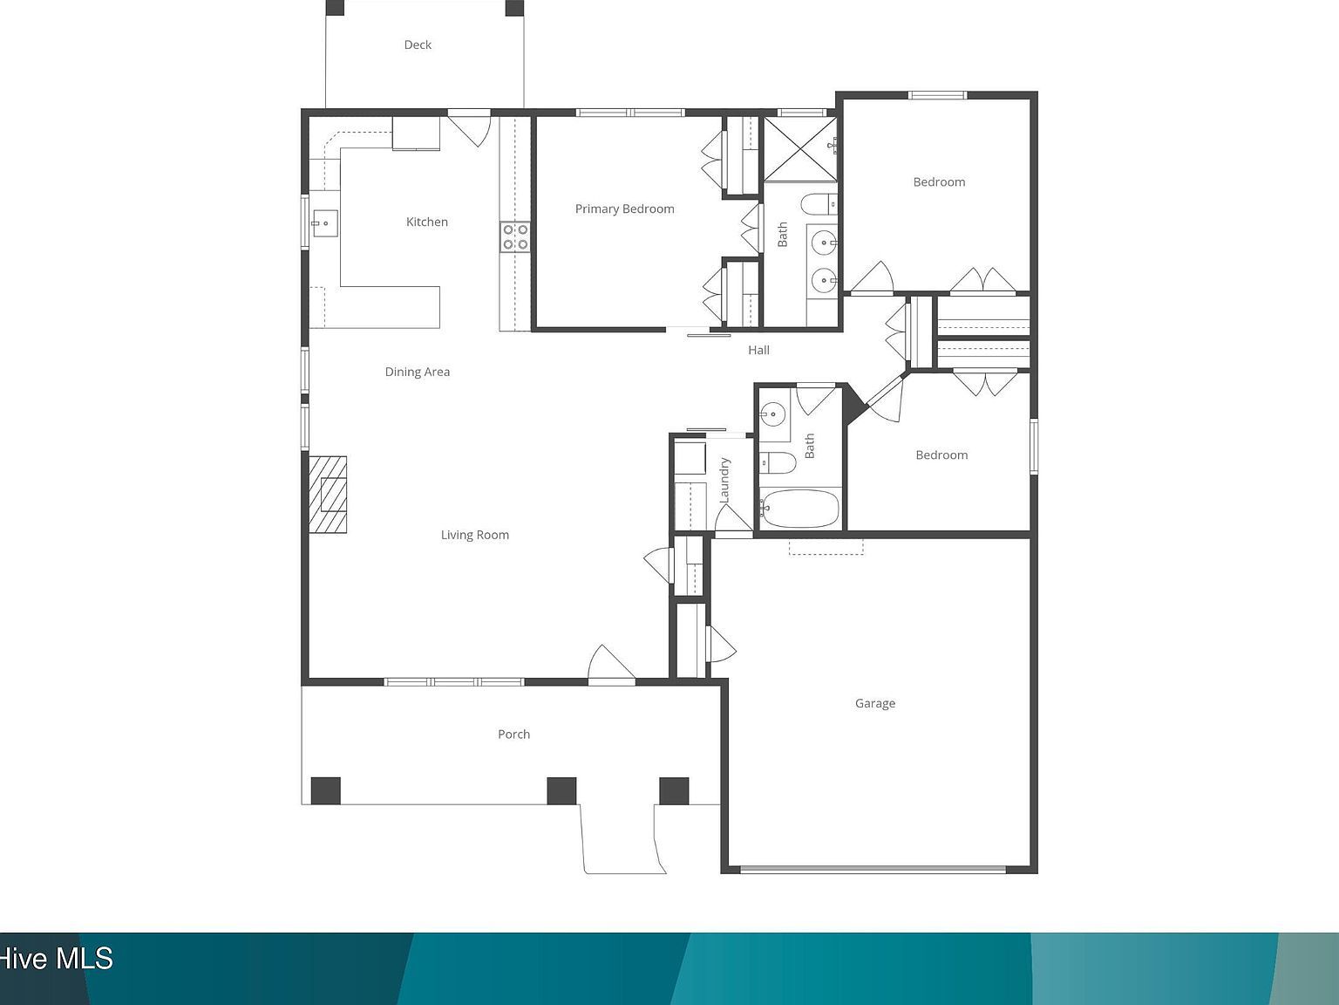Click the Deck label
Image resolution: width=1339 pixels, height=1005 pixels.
pos(418,44)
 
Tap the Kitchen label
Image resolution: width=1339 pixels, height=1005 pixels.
pos(427,222)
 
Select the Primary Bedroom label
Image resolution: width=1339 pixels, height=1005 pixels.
pos(624,209)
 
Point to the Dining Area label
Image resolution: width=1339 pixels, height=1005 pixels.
pos(418,372)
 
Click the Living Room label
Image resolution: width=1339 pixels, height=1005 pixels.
pos(474,535)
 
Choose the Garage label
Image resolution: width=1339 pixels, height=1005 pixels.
pos(874,703)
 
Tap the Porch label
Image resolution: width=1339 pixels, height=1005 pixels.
pos(513,734)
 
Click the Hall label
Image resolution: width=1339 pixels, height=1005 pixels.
pos(758,350)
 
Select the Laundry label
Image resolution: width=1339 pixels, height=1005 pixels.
pos(724,480)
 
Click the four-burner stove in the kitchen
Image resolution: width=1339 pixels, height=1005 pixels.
pos(515,237)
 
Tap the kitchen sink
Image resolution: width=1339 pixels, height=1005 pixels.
pos(323,223)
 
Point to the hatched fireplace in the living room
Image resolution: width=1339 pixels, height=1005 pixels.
pos(328,494)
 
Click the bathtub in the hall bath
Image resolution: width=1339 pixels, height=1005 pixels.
pos(800,508)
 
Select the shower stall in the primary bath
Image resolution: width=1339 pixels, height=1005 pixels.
pos(800,148)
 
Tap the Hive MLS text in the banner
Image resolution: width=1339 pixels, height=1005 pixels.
pos(57,959)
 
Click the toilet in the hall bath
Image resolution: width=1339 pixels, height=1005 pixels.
pos(777,462)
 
